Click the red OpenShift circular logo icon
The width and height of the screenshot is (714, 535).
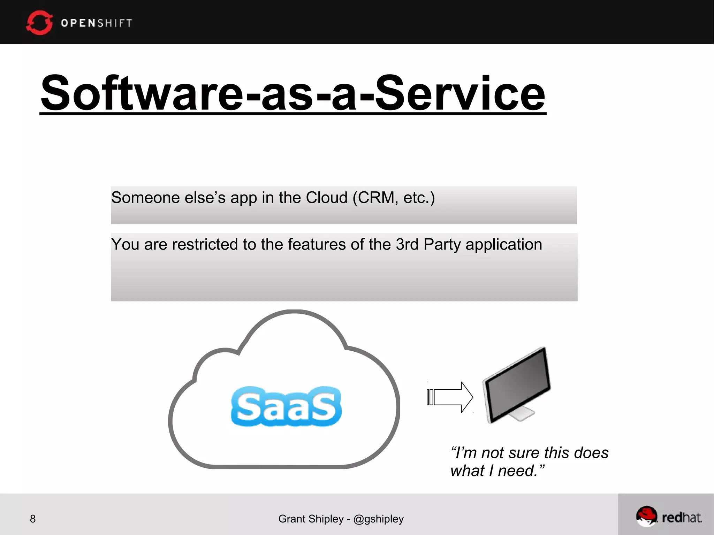(x=39, y=23)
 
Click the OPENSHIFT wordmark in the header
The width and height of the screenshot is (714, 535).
(x=97, y=23)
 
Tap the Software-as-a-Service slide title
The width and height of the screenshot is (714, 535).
(x=293, y=93)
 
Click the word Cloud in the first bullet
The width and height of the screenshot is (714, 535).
(x=326, y=198)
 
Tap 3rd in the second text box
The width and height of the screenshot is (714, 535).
(x=407, y=244)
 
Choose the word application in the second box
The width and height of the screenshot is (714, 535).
(x=504, y=245)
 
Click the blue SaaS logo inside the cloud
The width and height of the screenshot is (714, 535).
(x=286, y=406)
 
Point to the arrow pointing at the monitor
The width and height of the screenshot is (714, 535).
(x=450, y=397)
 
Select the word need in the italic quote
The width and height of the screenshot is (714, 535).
(x=517, y=471)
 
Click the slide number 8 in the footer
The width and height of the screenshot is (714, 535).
(x=33, y=519)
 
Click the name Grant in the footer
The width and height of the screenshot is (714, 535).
(x=291, y=519)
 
